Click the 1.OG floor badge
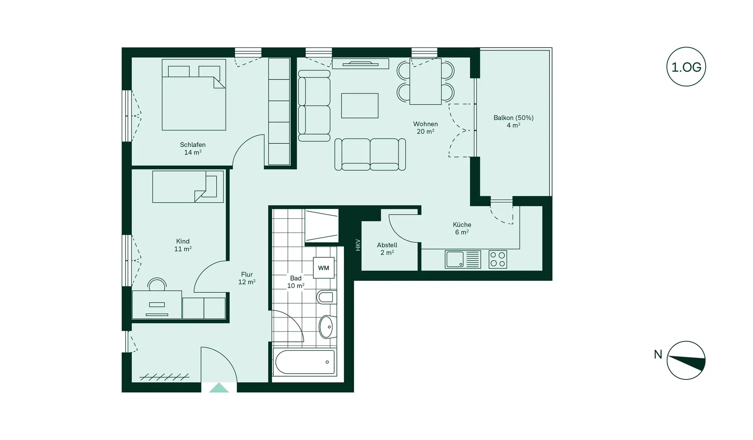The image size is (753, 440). pyautogui.click(x=686, y=67)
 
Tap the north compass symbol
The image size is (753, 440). pyautogui.click(x=686, y=360)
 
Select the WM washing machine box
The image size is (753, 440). pyautogui.click(x=324, y=268)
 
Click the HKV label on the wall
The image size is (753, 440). pyautogui.click(x=358, y=245)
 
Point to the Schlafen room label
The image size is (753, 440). pyautogui.click(x=193, y=148)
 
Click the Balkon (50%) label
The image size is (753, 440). pyautogui.click(x=513, y=121)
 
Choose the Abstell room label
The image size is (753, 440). pyautogui.click(x=387, y=249)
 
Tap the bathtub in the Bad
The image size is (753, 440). pyautogui.click(x=305, y=362)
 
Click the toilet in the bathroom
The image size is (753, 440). pyautogui.click(x=326, y=297)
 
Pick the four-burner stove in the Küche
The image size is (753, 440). pyautogui.click(x=498, y=259)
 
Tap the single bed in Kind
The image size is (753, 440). pyautogui.click(x=188, y=187)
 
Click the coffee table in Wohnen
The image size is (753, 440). pyautogui.click(x=360, y=106)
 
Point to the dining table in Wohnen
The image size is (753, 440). pyautogui.click(x=426, y=82)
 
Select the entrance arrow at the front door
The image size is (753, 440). pyautogui.click(x=219, y=388)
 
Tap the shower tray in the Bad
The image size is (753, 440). pyautogui.click(x=322, y=225)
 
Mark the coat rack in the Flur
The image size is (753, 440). pyautogui.click(x=165, y=378)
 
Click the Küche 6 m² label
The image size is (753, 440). pyautogui.click(x=462, y=228)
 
